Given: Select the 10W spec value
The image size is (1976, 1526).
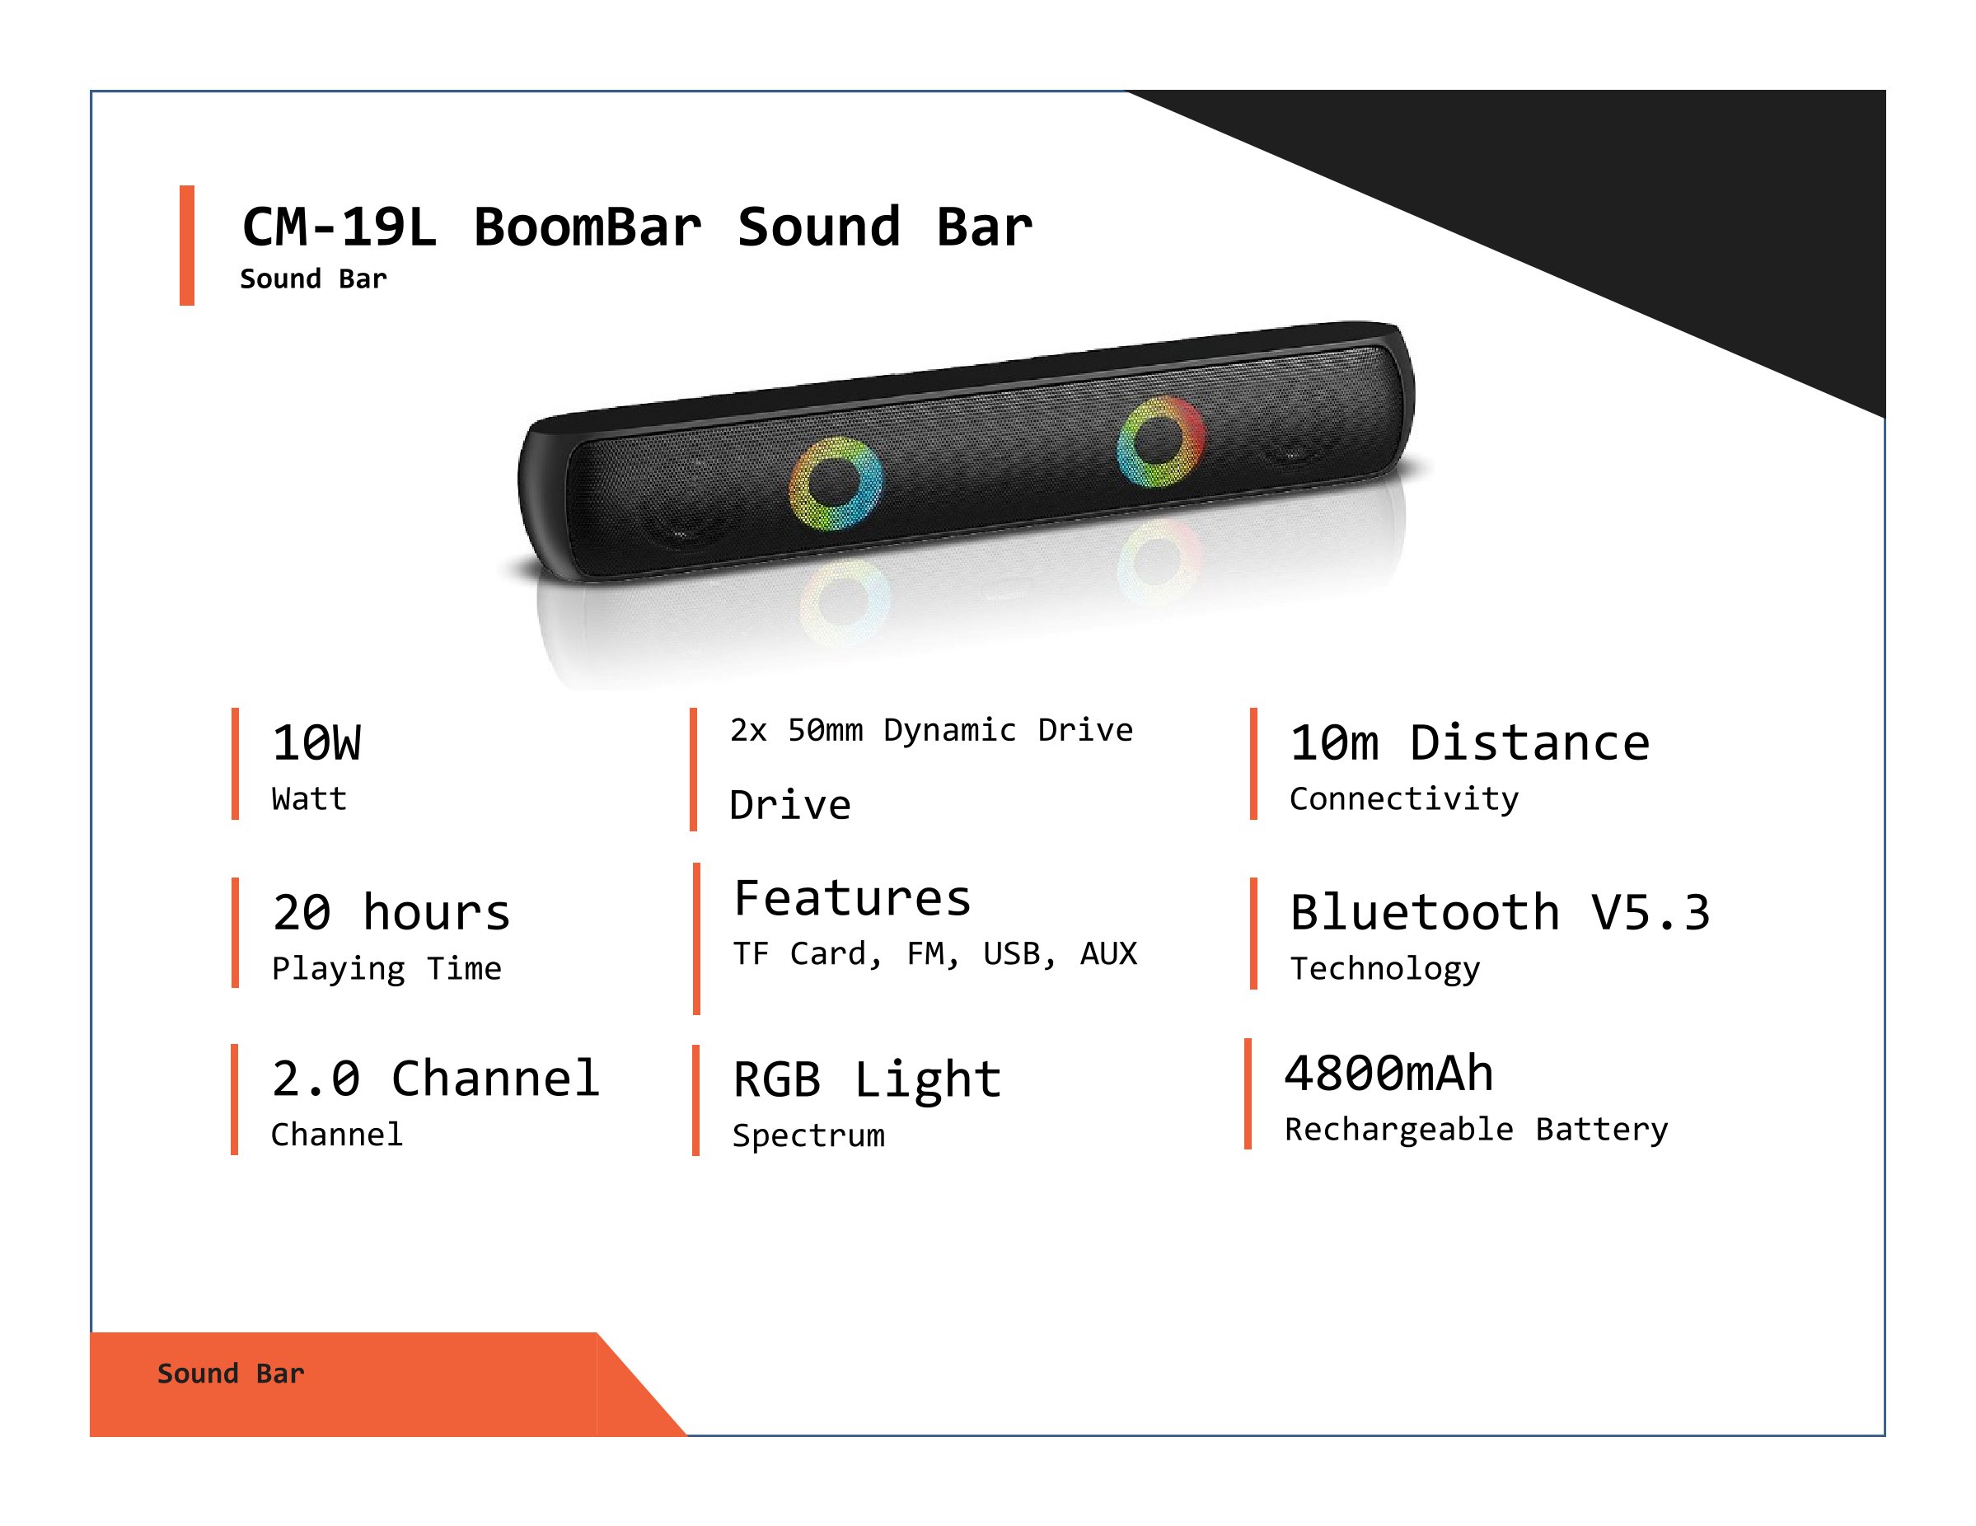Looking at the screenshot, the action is (x=316, y=742).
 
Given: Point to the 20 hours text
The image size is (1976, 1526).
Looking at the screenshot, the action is (x=391, y=912).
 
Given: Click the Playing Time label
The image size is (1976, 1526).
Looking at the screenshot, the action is (x=386, y=969).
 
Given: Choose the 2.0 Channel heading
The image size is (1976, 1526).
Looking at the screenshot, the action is (x=435, y=1079).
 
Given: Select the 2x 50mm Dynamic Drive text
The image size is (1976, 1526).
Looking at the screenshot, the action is (x=931, y=730).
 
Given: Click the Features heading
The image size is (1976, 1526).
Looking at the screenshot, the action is (x=852, y=898).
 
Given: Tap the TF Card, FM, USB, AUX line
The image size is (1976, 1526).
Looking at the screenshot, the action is (x=934, y=953).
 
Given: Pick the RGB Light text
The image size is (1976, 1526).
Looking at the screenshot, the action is (x=867, y=1080).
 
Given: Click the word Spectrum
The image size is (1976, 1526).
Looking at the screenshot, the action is (x=809, y=1136).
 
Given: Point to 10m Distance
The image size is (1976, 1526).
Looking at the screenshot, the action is (x=1470, y=742).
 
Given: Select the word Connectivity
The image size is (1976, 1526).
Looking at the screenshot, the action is (x=1404, y=798).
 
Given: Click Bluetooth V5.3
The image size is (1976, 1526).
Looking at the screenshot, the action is (x=1500, y=912).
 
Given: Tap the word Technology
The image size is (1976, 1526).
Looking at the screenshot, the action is (x=1385, y=969).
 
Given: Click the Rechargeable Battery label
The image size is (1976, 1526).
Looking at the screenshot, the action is (x=1477, y=1130).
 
